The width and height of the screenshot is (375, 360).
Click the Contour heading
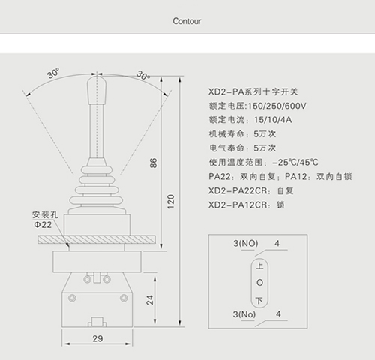pos(187,21)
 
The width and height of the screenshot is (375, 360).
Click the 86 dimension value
pos(154,163)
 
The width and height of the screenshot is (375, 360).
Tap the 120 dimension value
pos(171,202)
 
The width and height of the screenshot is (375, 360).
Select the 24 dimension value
pos(150,300)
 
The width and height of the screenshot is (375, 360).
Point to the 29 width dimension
pos(97,338)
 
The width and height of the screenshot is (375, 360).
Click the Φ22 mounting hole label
pos(43,225)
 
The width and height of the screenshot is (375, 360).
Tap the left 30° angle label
pos(53,73)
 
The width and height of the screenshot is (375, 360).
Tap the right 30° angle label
pos(143,75)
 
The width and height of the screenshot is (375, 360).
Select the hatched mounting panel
pos(97,239)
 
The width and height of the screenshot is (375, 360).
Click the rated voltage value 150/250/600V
pos(277,106)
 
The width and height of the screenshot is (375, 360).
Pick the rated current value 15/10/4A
pos(273,120)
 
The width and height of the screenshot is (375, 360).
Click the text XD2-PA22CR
pos(238,191)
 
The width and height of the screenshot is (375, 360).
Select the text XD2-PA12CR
pos(238,205)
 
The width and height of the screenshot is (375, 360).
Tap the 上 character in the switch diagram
pos(259,265)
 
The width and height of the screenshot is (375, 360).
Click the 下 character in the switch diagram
pos(259,300)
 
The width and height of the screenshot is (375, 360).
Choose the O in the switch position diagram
pos(259,283)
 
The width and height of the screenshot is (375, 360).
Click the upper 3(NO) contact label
pos(246,243)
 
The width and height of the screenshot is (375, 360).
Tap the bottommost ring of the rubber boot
pos(96,200)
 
